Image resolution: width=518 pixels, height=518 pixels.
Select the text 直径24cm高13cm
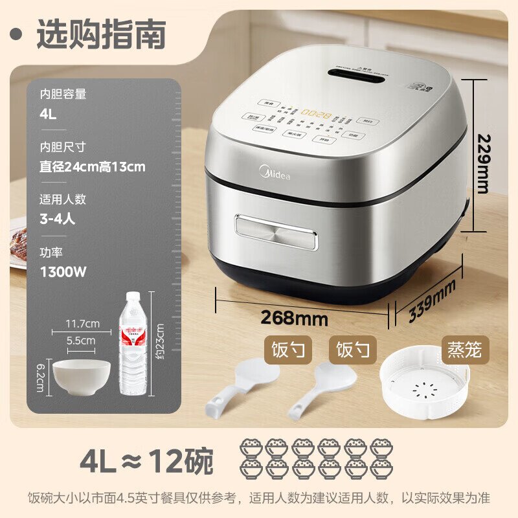(92, 166)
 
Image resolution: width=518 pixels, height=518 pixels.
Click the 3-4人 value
(58, 218)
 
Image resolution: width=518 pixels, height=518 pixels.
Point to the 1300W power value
(63, 271)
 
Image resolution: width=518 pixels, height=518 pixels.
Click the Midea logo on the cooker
(275, 174)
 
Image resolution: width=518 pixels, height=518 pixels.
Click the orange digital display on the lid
(319, 115)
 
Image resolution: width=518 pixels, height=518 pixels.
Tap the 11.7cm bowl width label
(82, 323)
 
